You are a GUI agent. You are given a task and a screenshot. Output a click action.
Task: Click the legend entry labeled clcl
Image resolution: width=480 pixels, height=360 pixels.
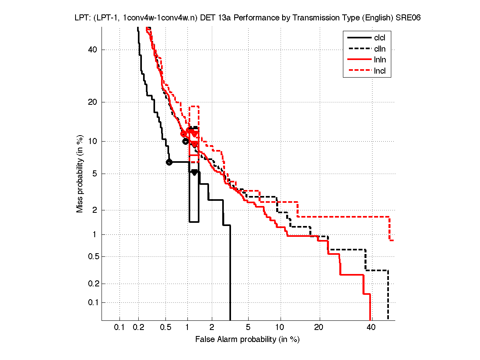click(380, 38)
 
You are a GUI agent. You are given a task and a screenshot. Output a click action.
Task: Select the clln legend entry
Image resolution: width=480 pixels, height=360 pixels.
click(380, 49)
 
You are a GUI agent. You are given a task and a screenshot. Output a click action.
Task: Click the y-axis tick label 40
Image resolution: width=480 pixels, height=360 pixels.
click(92, 50)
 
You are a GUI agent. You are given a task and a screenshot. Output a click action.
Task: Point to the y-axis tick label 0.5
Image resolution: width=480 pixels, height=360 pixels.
click(90, 256)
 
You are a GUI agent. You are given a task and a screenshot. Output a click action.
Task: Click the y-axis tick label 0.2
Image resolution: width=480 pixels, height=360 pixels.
click(90, 284)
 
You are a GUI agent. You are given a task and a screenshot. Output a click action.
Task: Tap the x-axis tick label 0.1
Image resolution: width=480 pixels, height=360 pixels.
click(120, 328)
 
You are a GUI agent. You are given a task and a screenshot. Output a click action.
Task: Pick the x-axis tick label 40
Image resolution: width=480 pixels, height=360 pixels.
click(371, 328)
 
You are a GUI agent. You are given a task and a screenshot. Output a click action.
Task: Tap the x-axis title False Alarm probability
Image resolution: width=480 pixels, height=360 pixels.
click(247, 340)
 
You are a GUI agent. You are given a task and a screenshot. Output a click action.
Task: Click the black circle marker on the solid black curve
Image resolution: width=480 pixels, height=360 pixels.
click(169, 162)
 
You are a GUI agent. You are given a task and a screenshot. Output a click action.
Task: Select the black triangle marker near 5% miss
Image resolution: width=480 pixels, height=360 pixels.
click(194, 172)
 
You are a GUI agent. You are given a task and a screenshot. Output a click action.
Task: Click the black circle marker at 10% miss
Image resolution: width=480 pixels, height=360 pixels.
click(185, 141)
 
